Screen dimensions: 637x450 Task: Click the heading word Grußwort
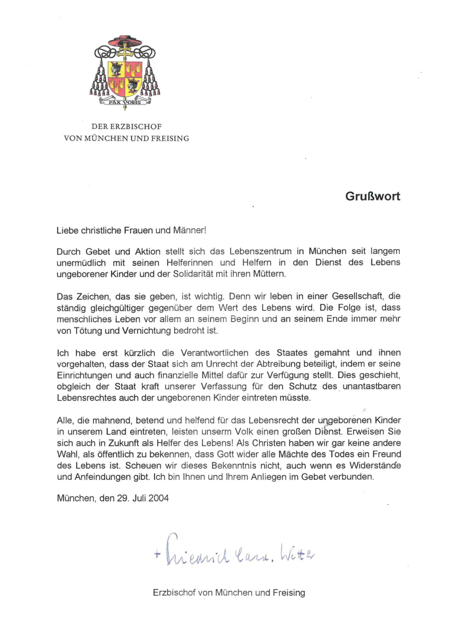372,196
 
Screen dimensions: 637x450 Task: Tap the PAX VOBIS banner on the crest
125,103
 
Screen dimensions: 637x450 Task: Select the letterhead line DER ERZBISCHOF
126,127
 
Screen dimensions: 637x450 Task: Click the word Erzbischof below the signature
174,593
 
